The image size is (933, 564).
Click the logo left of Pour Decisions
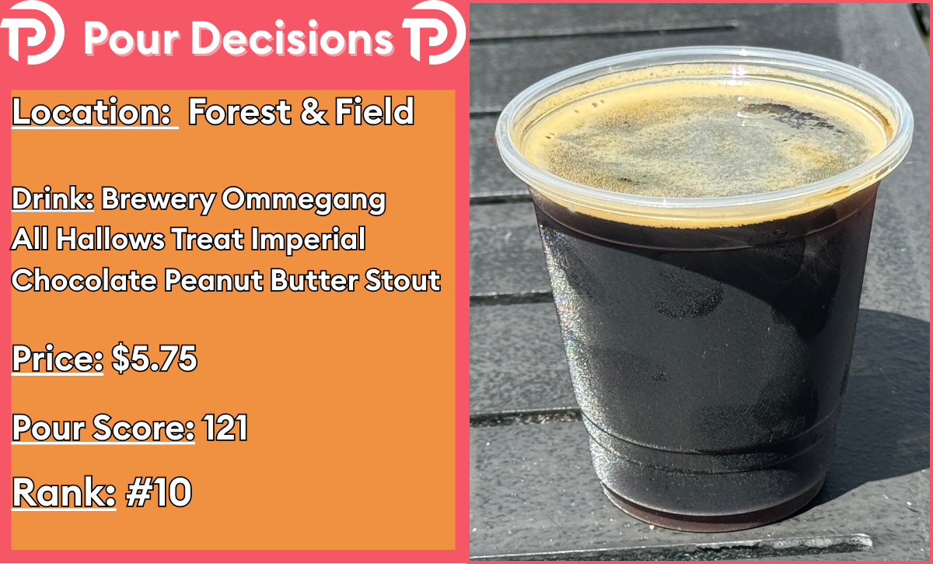tap(33, 33)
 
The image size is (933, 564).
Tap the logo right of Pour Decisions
tap(435, 33)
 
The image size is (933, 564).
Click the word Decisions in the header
tap(292, 38)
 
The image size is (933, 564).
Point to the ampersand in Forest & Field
tap(313, 112)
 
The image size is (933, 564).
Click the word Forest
tap(239, 112)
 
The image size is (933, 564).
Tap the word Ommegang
tap(304, 201)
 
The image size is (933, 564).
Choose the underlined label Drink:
tap(53, 199)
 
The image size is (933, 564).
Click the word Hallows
tap(110, 240)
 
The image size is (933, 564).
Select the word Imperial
tap(308, 240)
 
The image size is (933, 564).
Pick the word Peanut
tap(213, 280)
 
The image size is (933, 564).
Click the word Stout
tap(403, 280)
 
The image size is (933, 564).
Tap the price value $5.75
tap(154, 358)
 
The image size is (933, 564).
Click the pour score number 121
tap(225, 428)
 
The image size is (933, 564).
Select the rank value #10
tap(159, 492)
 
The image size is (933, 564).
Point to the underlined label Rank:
tap(64, 492)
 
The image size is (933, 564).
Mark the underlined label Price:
tap(58, 358)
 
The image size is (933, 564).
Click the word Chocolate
tap(84, 280)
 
